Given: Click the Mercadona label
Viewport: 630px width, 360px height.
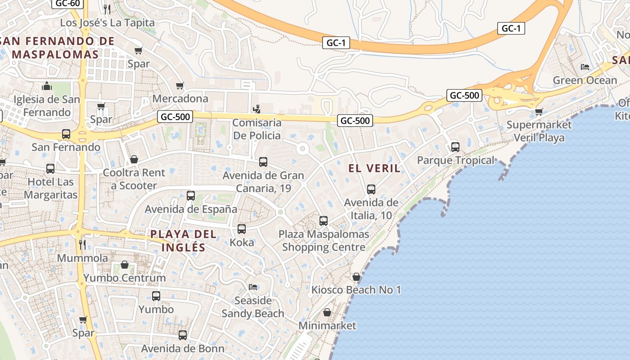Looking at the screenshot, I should click(x=180, y=99).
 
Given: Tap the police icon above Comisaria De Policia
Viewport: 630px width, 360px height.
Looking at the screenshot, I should click(x=256, y=109).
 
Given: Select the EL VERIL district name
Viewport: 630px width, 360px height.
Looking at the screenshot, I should click(x=374, y=168).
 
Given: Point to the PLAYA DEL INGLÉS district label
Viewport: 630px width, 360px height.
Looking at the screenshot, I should click(x=184, y=241).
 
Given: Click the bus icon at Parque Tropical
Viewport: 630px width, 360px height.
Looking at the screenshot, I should click(x=455, y=147).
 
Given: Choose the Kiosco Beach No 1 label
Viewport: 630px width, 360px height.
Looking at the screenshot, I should click(x=356, y=290).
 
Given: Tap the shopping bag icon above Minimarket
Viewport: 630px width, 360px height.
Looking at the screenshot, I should click(x=327, y=312).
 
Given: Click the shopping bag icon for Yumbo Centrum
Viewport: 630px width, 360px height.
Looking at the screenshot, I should click(x=125, y=265).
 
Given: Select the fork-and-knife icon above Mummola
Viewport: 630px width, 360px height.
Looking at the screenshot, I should click(x=82, y=245).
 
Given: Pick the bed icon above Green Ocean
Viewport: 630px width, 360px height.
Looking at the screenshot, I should click(x=585, y=67).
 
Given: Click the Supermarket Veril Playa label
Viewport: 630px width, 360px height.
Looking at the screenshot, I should click(x=539, y=131).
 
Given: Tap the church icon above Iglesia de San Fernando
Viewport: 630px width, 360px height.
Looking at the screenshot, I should click(x=47, y=86).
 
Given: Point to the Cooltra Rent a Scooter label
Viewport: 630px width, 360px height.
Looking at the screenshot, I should click(x=134, y=179).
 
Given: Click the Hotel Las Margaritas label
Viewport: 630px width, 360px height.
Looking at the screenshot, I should click(x=51, y=189).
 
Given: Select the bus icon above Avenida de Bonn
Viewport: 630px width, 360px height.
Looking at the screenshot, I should click(x=182, y=335).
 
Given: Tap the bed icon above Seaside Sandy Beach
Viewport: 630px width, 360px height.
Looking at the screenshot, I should click(x=253, y=287).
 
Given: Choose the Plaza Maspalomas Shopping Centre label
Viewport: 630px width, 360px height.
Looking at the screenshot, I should click(x=324, y=241).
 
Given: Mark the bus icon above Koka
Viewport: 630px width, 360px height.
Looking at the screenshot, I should click(x=242, y=229).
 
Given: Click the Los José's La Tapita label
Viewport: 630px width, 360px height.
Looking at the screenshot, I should click(x=107, y=22).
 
